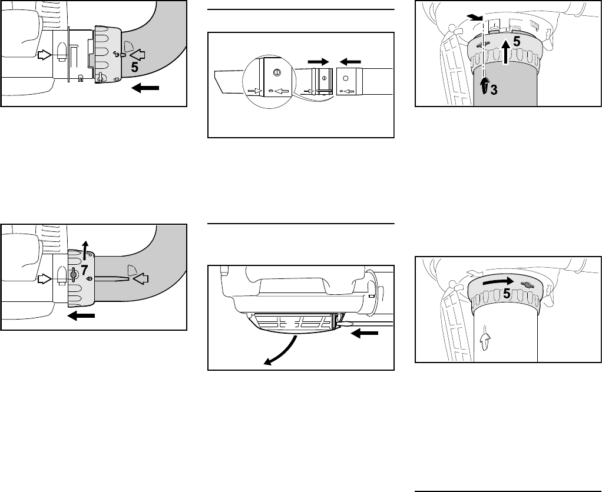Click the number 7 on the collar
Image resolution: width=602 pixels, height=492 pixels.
click(x=85, y=270)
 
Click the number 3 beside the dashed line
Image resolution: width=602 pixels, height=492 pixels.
click(x=494, y=90)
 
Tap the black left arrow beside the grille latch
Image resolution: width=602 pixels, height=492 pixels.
click(x=365, y=334)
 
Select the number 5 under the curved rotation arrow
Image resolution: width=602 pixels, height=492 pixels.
click(x=507, y=294)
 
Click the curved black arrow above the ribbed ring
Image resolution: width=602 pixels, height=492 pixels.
click(x=498, y=281)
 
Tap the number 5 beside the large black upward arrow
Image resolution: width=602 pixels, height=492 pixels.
click(x=517, y=42)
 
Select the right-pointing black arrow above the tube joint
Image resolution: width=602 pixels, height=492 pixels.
click(x=318, y=61)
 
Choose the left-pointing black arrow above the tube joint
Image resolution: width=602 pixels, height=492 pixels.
click(x=350, y=61)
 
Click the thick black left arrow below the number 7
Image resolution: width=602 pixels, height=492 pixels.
click(x=81, y=315)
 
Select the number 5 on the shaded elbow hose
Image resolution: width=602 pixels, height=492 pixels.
click(x=134, y=67)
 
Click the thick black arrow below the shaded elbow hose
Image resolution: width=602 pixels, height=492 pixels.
click(x=145, y=88)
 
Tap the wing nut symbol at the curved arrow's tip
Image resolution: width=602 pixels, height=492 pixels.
click(x=527, y=285)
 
